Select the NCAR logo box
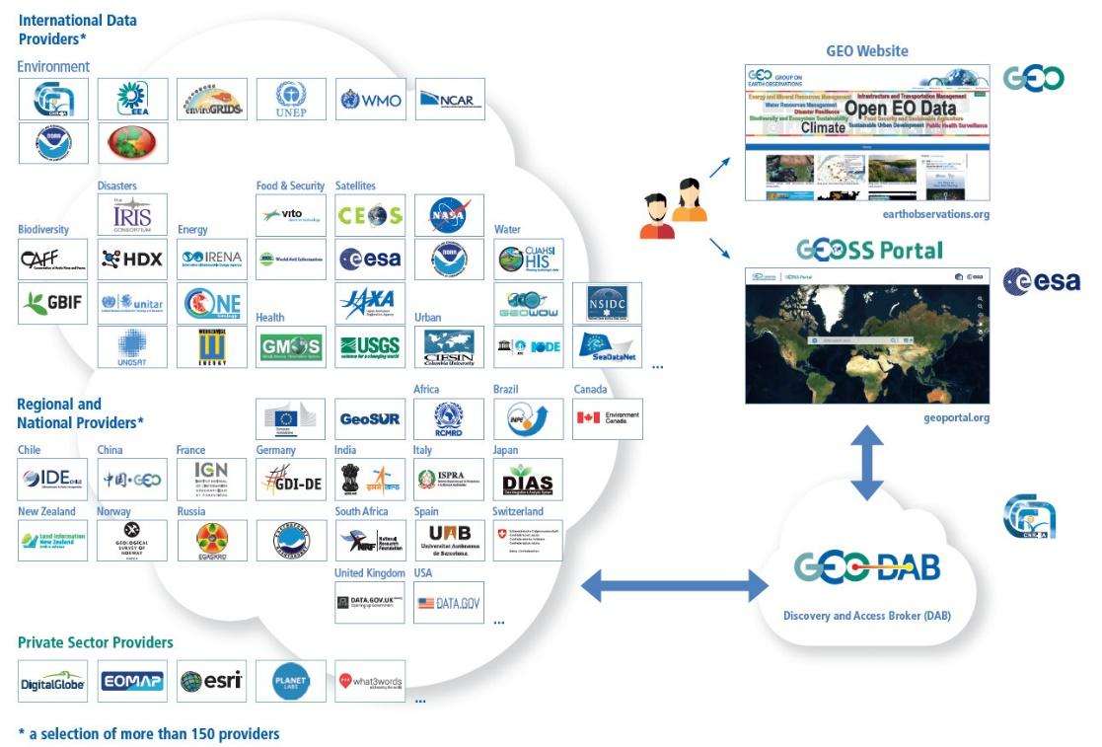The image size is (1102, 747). pos(450,99)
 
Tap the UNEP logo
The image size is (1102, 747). pos(291,99)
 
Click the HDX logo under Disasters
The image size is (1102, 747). pos(132,259)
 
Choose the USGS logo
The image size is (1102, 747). pos(370,346)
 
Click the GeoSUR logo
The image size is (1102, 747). pos(370,418)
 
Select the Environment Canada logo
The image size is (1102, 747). pos(608,418)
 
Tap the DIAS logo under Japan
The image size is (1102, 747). pos(528,480)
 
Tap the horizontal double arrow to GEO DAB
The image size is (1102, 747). pos(676,589)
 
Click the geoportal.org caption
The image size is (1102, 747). pos(952,418)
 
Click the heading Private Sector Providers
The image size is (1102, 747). pos(96,642)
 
